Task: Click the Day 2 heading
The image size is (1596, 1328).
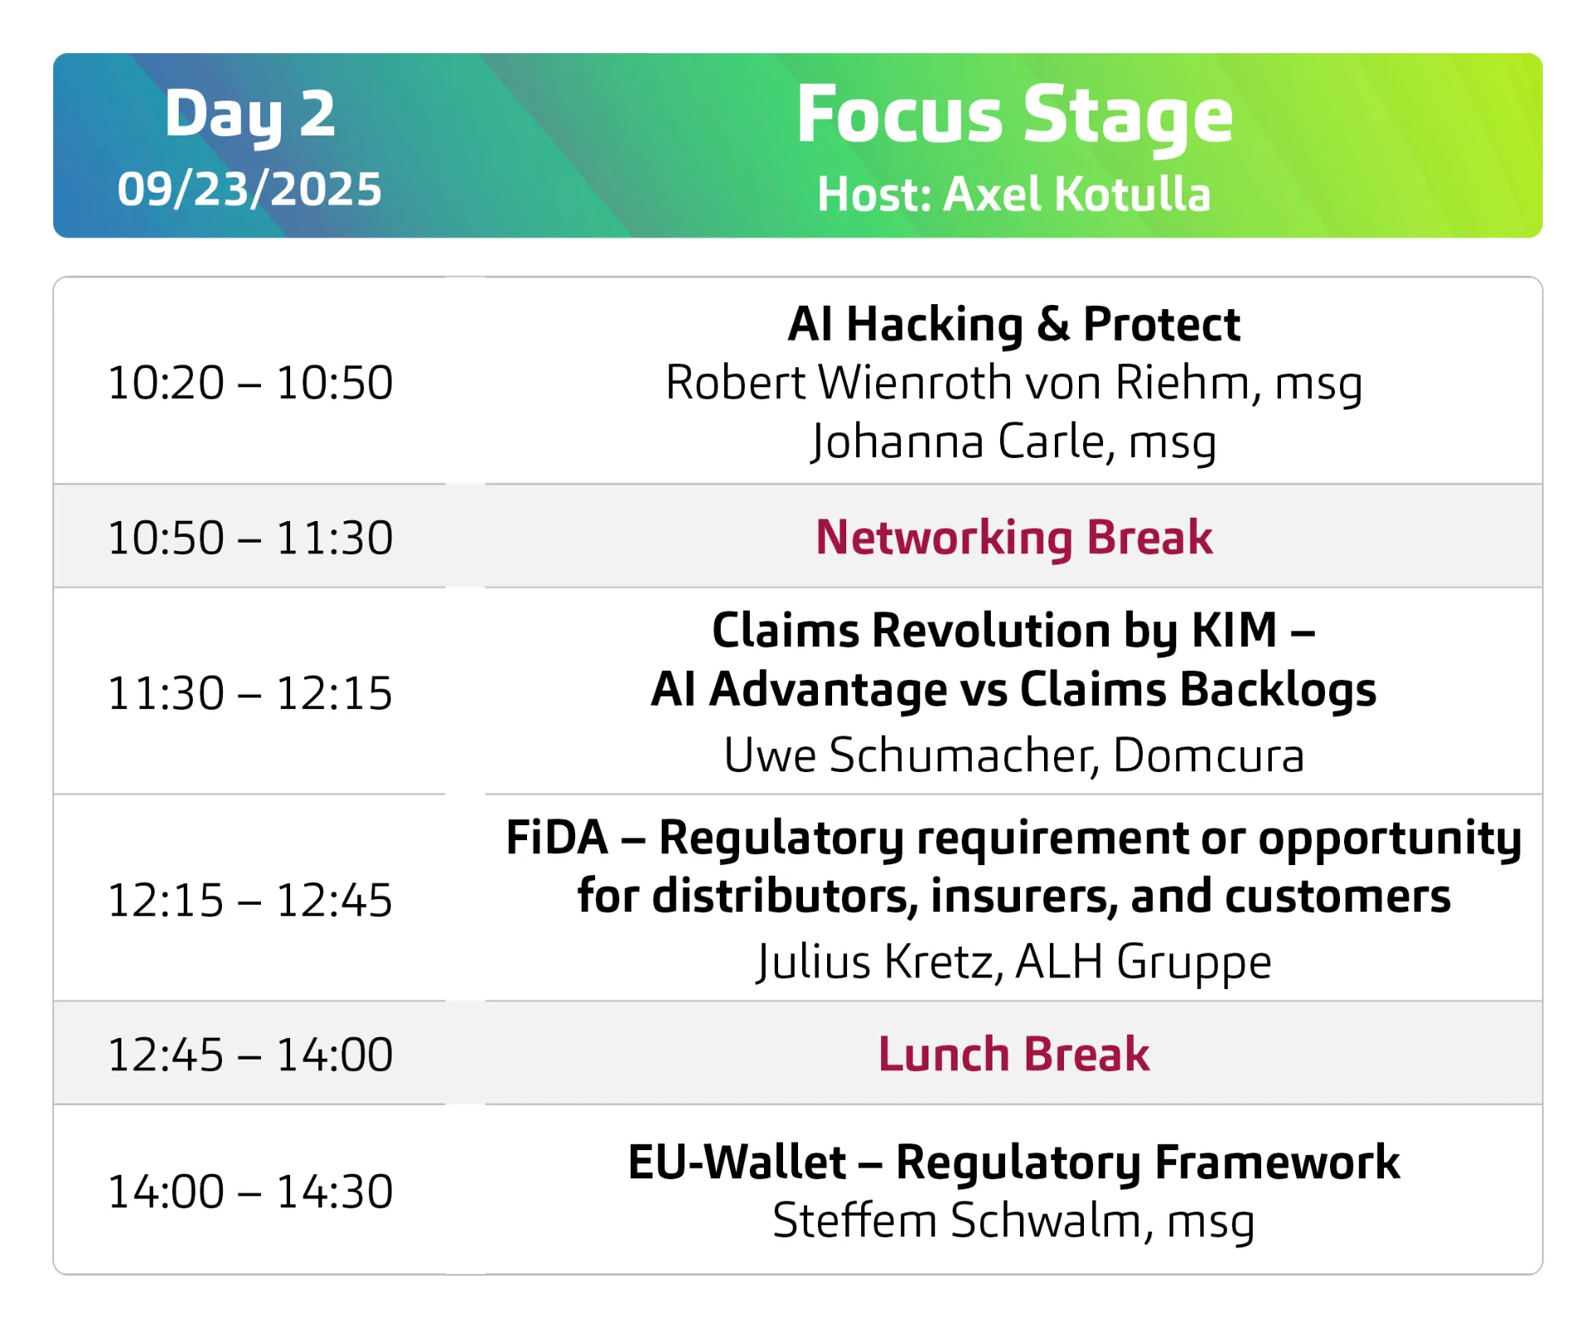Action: pos(250,115)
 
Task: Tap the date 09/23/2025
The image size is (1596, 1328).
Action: pos(249,189)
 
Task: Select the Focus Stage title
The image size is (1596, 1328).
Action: pos(1014,116)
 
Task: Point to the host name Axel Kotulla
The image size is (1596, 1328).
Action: pos(1077,194)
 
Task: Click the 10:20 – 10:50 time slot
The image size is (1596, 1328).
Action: pos(250,382)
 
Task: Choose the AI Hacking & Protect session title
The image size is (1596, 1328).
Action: pos(1014,323)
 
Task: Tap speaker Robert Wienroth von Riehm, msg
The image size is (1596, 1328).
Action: pos(1014,383)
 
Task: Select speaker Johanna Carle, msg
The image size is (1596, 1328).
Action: pos(1014,441)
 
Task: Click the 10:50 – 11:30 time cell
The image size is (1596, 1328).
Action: pos(250,538)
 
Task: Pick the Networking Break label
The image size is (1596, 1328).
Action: pos(1014,538)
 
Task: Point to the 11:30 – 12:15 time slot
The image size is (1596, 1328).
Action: pos(250,693)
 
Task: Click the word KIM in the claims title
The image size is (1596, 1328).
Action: pos(1234,630)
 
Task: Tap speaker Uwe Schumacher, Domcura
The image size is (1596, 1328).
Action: pos(1014,755)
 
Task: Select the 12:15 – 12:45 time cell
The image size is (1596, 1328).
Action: pos(250,900)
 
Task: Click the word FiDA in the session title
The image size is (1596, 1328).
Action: pos(557,837)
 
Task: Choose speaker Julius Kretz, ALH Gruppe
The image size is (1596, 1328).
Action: pos(1014,962)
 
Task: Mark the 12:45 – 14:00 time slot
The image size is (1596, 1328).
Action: pos(250,1055)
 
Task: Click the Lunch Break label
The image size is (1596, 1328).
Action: pos(1014,1055)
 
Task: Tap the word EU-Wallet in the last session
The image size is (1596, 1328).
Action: pos(737,1162)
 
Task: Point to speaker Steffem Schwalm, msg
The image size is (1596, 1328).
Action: pos(1014,1221)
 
